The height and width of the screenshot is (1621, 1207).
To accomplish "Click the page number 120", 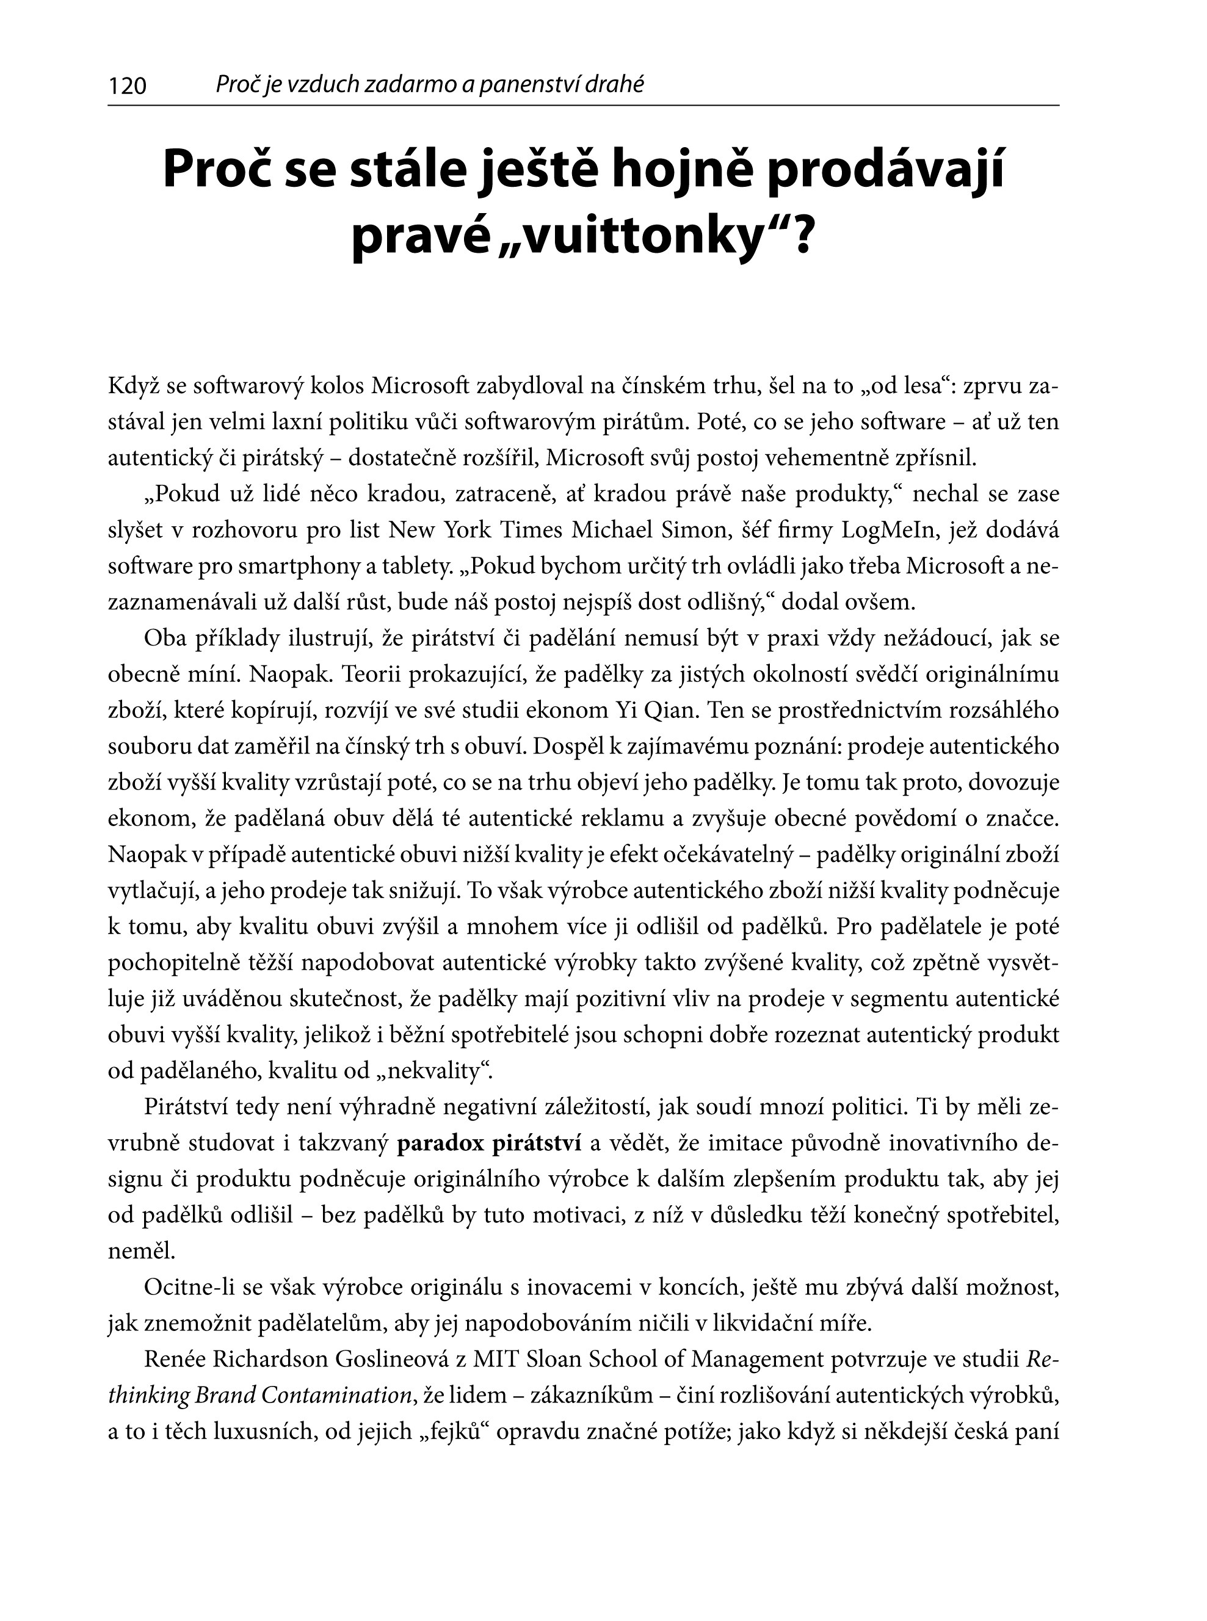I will [127, 87].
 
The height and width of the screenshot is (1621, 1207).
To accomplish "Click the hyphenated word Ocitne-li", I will [189, 1288].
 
